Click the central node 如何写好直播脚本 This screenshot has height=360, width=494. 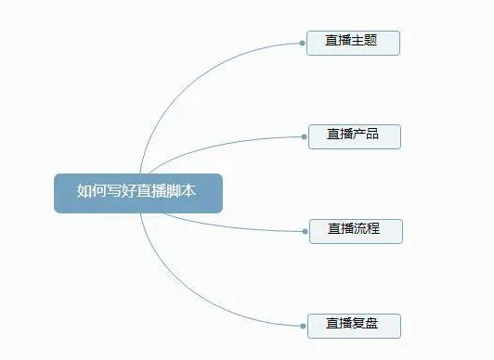[x=137, y=192]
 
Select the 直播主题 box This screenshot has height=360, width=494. [x=353, y=43]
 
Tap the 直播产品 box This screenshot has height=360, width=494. [x=356, y=135]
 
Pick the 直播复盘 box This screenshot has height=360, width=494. [x=355, y=326]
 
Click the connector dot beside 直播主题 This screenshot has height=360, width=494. [x=304, y=43]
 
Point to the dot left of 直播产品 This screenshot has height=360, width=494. [x=305, y=135]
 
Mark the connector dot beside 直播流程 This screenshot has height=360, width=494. [x=305, y=230]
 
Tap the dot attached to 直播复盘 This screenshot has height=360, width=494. [x=305, y=326]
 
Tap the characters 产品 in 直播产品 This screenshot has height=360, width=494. [x=367, y=135]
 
